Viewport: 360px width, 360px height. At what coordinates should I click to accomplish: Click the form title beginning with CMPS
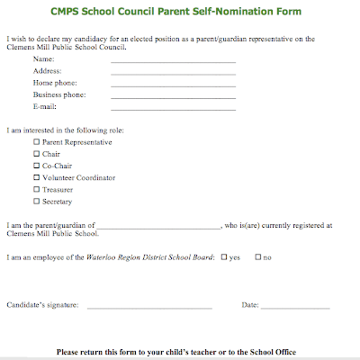(x=179, y=13)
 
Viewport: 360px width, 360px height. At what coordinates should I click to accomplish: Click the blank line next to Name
(x=173, y=62)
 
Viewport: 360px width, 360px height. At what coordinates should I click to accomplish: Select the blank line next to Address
(x=173, y=73)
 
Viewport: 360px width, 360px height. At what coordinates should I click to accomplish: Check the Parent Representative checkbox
(x=37, y=142)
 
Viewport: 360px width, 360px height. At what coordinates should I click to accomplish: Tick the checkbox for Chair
(x=37, y=154)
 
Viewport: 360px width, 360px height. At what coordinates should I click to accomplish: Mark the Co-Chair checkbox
(x=37, y=166)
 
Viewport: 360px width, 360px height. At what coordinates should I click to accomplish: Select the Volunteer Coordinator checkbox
(x=37, y=177)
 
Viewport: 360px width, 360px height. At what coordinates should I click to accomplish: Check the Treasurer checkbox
(x=37, y=189)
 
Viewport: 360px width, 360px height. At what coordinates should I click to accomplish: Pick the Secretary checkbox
(x=37, y=201)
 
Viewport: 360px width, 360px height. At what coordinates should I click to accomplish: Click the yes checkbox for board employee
(x=224, y=257)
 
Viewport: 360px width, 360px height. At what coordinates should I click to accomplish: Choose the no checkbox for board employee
(x=258, y=257)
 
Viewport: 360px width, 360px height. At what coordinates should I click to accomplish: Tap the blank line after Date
(x=296, y=308)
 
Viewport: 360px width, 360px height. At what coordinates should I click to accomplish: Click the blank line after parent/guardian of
(x=158, y=229)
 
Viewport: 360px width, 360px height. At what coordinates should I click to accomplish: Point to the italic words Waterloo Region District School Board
(x=151, y=258)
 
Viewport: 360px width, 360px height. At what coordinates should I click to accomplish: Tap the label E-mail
(x=45, y=106)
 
